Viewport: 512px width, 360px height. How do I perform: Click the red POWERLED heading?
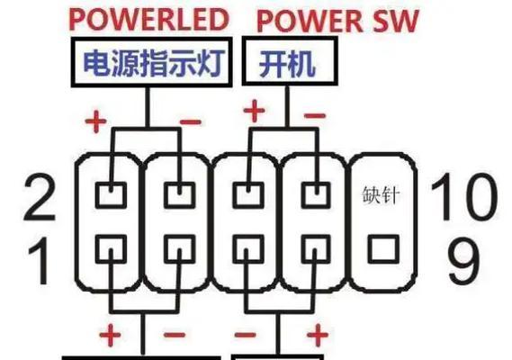click(148, 19)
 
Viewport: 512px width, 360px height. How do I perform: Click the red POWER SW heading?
click(337, 21)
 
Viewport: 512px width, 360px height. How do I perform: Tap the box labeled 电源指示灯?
click(152, 62)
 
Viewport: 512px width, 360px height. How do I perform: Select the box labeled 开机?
click(290, 61)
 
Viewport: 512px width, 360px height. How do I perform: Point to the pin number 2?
click(40, 198)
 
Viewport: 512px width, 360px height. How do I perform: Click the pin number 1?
click(40, 261)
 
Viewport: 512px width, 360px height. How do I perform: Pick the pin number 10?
click(464, 197)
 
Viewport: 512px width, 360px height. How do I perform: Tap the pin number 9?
click(464, 261)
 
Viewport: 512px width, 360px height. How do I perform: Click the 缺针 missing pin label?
click(381, 195)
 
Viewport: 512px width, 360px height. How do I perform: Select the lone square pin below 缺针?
click(383, 249)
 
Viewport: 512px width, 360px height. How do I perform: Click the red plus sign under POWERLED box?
click(95, 121)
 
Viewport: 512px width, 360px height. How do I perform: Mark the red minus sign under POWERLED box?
click(191, 122)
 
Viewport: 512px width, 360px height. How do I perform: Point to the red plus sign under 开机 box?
click(254, 111)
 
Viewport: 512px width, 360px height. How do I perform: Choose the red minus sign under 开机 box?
click(315, 115)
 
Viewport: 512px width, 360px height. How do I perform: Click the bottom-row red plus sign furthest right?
click(318, 335)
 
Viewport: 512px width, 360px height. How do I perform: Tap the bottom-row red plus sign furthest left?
click(110, 335)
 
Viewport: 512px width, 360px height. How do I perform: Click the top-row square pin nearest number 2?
click(111, 195)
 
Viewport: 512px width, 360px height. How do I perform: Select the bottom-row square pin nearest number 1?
click(111, 249)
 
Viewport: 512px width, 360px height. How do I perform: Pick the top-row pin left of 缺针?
click(316, 195)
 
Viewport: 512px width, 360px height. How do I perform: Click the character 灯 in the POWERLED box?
click(211, 63)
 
